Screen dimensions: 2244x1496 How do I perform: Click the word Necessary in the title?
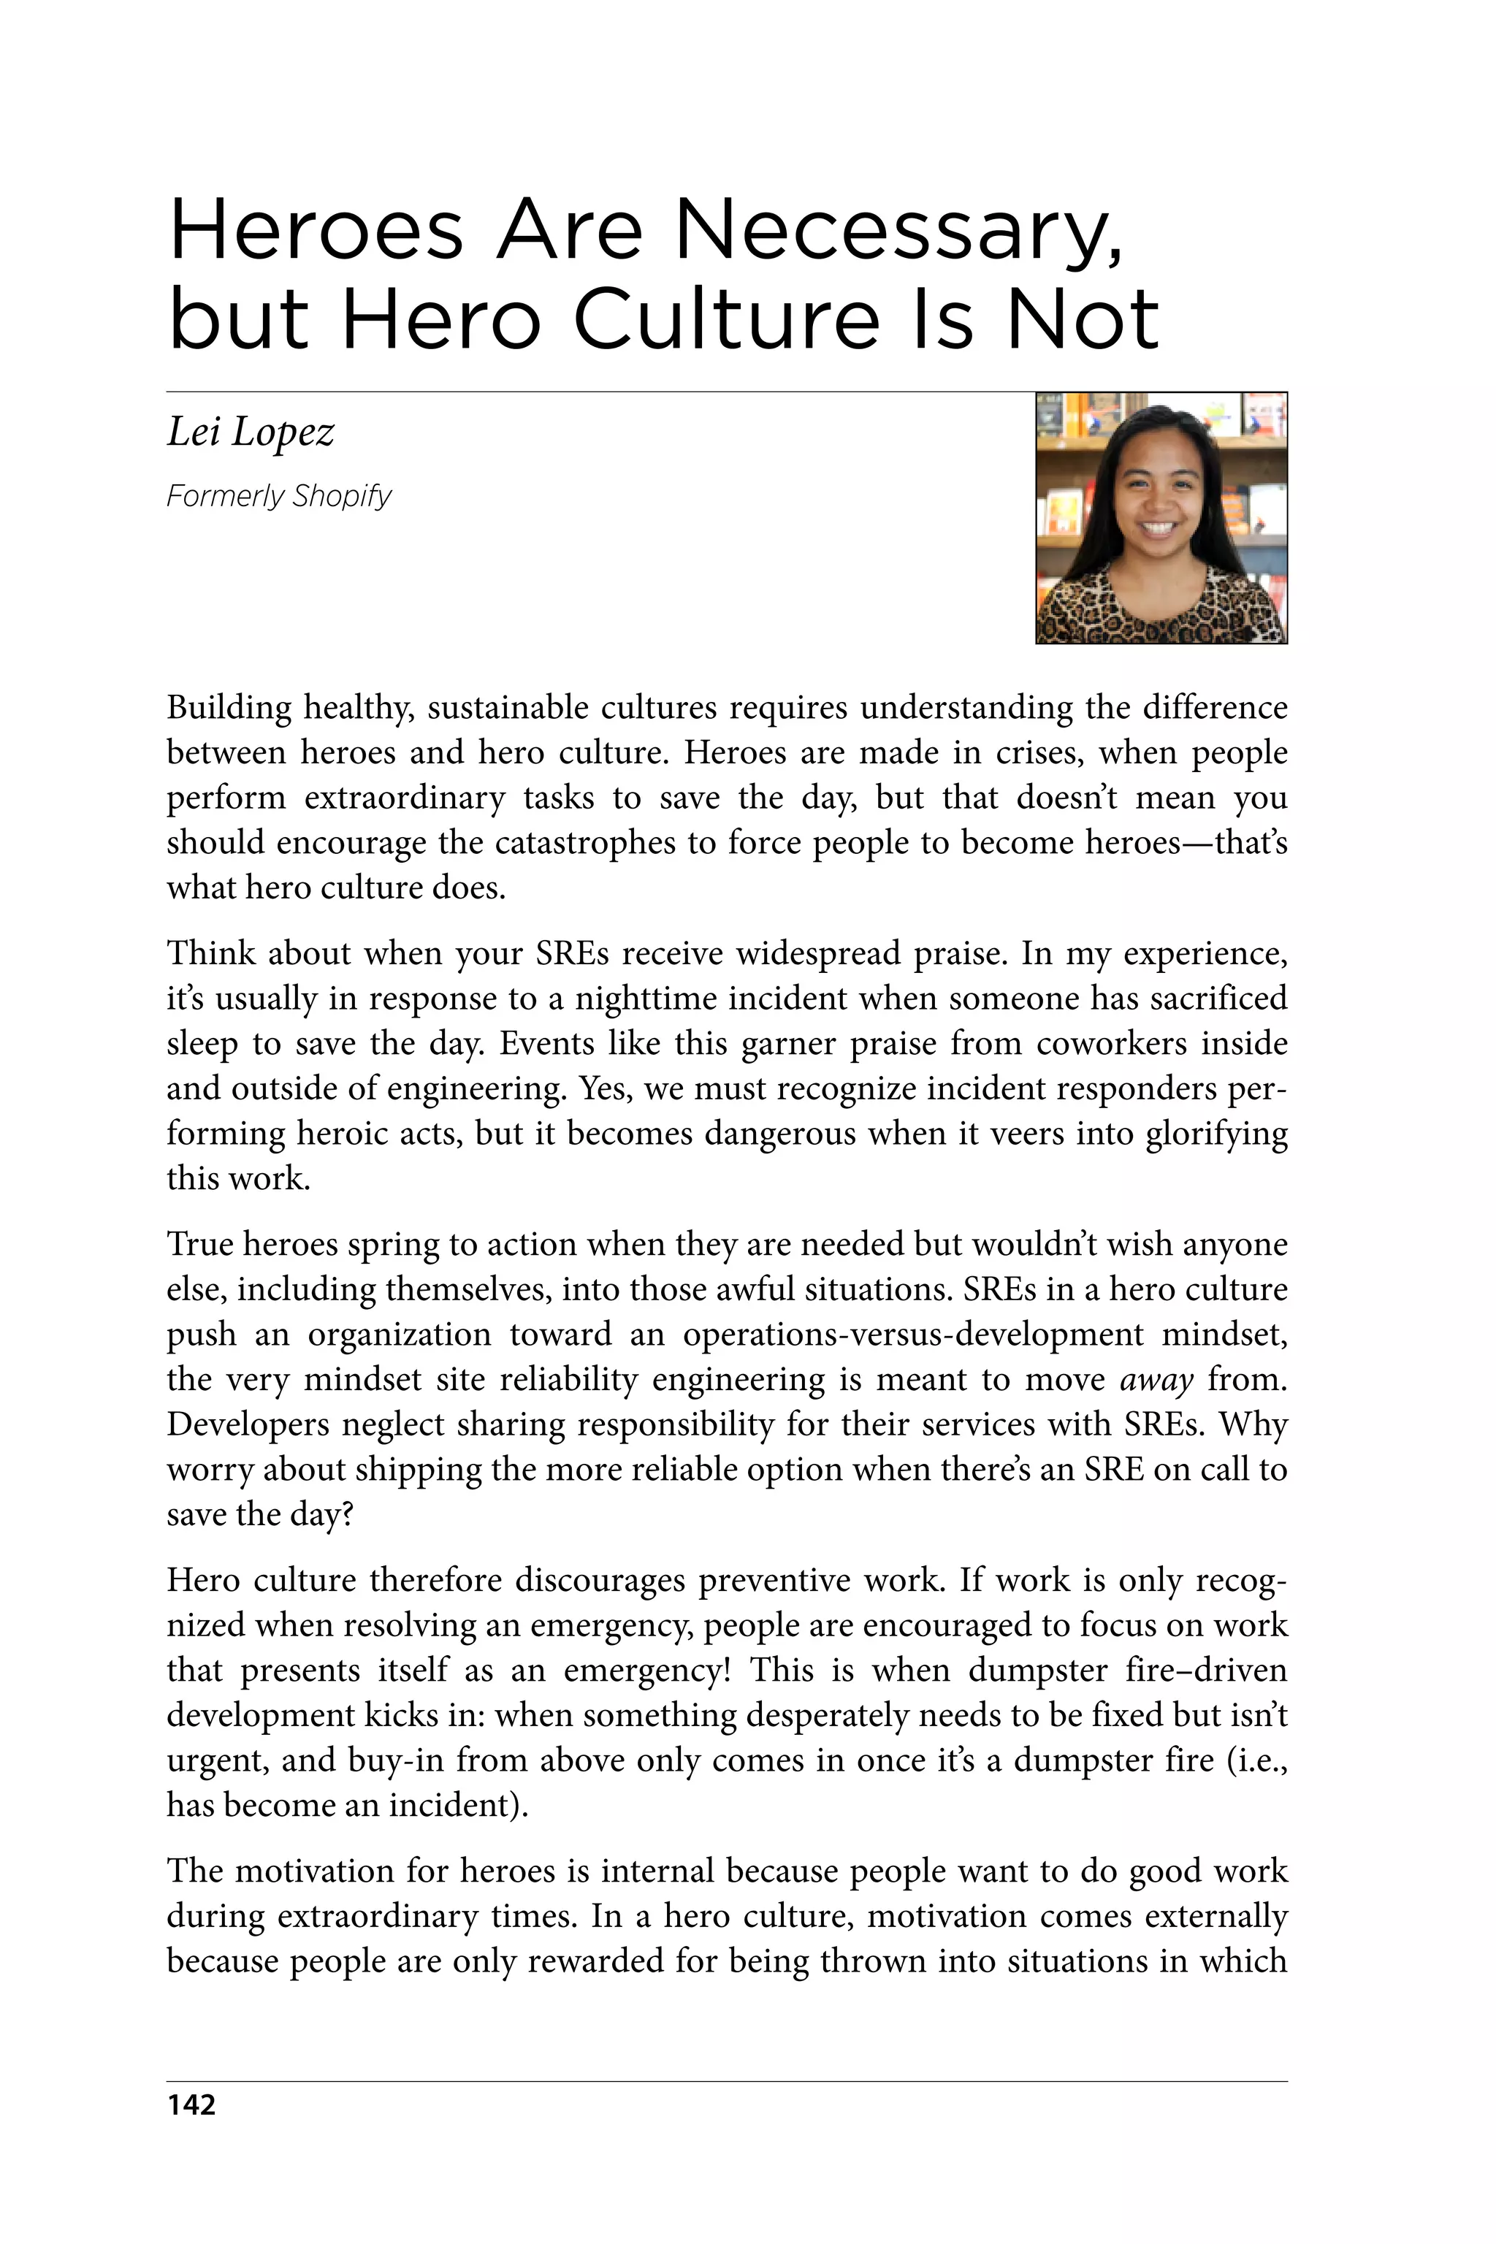[898, 232]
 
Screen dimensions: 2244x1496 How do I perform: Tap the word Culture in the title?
[727, 320]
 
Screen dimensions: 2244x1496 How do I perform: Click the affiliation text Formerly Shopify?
[278, 496]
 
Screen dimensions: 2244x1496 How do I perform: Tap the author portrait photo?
[1161, 518]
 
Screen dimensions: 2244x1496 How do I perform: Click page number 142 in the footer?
[191, 2104]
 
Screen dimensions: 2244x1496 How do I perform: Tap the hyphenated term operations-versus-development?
[912, 1335]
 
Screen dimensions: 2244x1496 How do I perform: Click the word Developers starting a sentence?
[247, 1424]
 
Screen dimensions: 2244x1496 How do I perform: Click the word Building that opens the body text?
[229, 708]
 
